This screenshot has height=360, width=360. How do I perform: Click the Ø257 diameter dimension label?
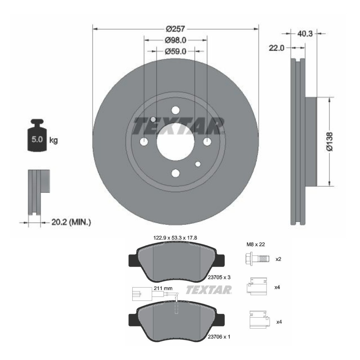click(175, 29)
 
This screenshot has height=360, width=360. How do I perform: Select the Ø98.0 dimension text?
click(175, 40)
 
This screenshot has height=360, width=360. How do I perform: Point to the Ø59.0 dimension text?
click(175, 51)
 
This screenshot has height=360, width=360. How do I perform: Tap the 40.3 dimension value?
click(304, 34)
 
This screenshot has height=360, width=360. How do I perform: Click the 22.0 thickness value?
click(276, 48)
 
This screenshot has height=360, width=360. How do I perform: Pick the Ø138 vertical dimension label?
click(330, 141)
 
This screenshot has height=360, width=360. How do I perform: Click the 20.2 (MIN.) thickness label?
click(71, 222)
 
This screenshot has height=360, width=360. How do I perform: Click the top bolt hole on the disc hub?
click(175, 110)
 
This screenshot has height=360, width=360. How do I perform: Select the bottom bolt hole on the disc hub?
click(175, 173)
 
